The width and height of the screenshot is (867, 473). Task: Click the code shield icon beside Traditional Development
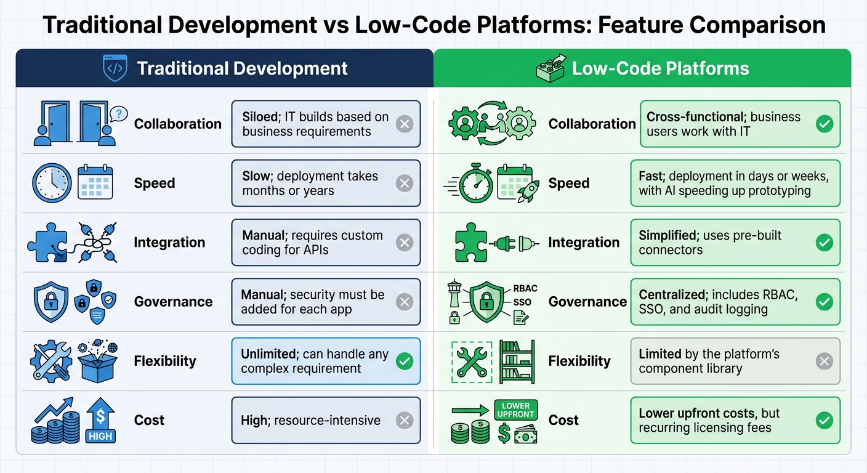click(115, 68)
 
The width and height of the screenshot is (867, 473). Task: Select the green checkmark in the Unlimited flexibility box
click(404, 361)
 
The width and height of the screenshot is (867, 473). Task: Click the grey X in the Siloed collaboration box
click(404, 124)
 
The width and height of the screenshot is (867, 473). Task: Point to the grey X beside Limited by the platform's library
click(824, 361)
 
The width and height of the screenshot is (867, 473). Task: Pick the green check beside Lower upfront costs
click(824, 421)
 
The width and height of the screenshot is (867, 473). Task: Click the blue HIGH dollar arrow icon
click(100, 420)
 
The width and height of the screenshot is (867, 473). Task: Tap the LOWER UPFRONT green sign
click(516, 410)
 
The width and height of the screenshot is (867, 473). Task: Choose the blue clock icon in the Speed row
click(51, 183)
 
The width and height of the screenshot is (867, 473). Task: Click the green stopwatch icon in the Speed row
click(475, 183)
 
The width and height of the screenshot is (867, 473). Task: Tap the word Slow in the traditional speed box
click(256, 176)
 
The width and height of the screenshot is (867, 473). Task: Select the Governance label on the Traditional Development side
click(173, 302)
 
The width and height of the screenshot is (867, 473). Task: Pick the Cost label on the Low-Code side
click(563, 420)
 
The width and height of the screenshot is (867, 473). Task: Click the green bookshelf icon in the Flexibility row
click(516, 361)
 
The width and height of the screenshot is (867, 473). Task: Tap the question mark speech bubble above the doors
click(118, 113)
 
